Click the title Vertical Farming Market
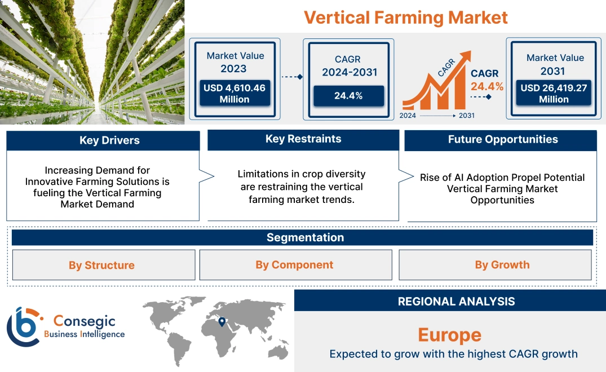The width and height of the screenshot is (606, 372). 406,17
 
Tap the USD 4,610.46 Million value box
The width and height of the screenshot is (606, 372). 234,94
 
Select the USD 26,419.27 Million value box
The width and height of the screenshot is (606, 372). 554,94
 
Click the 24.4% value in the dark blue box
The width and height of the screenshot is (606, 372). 348,96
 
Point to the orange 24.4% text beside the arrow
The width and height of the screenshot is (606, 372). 487,86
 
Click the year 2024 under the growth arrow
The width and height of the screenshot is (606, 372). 409,116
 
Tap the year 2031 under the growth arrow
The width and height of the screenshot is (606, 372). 466,116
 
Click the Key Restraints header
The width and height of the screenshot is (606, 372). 303,139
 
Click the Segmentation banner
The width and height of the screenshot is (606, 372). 305,237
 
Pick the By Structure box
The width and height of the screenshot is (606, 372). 102,265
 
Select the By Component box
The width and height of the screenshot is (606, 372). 295,265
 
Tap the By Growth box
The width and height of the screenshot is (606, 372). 502,265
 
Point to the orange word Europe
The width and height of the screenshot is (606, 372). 449,335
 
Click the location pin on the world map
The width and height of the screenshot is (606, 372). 222,322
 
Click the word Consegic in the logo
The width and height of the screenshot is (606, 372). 84,321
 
